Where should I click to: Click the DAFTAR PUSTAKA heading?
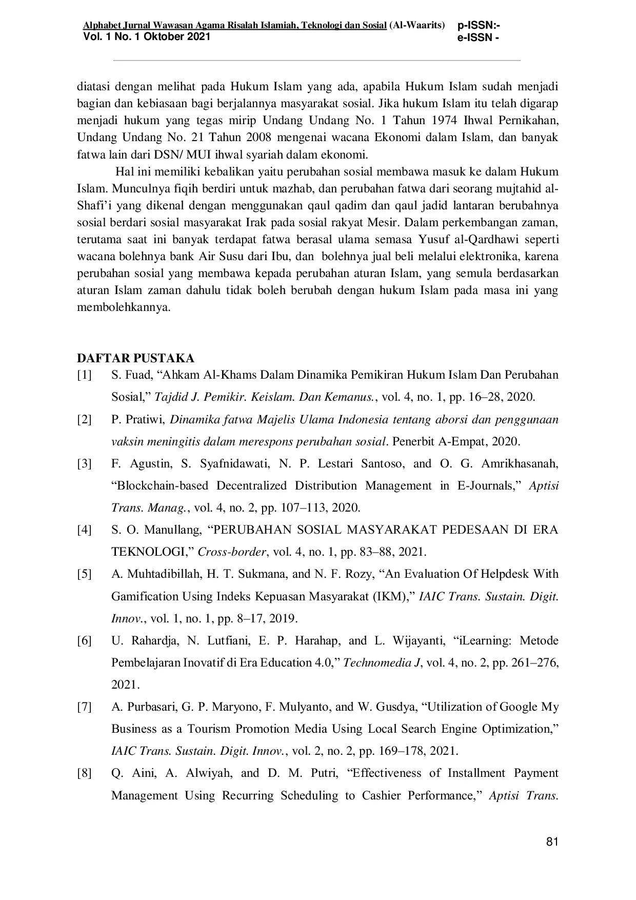135,358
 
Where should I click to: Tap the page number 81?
552,842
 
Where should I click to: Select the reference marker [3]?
85,464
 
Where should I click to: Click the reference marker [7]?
85,707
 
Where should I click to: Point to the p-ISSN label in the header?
479,26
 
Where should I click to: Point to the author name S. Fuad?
129,375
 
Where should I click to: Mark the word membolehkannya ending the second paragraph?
123,308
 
